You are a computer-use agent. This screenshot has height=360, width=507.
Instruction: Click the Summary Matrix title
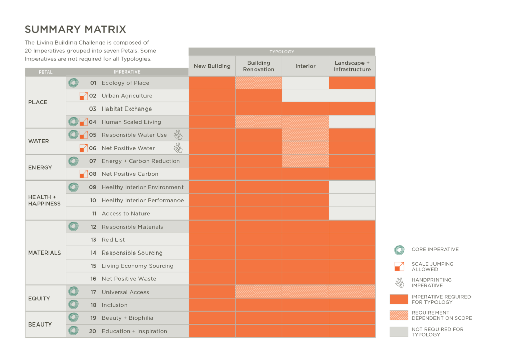pos(76,29)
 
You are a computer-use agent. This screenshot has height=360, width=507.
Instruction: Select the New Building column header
pos(212,66)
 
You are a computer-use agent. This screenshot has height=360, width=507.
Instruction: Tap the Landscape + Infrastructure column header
pos(352,66)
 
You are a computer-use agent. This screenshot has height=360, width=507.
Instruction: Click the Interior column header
pos(305,66)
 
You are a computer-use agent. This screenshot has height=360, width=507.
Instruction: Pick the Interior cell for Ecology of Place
pos(305,83)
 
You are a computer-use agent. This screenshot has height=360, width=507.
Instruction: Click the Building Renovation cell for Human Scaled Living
pos(259,122)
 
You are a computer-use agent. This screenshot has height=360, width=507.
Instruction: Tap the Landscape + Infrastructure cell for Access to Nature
pos(352,213)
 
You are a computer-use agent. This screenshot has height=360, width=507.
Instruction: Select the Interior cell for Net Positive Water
pos(305,148)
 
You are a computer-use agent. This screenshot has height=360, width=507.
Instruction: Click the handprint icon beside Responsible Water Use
pos(177,135)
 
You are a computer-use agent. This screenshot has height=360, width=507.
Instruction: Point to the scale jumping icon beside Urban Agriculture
pos(84,96)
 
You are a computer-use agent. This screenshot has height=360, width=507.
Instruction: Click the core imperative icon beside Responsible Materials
pos(74,227)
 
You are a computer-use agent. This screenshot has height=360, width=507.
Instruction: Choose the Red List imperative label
pos(113,240)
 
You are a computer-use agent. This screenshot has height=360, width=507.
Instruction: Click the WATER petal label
pos(39,141)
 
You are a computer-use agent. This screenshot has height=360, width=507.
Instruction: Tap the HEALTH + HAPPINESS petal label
pos(45,200)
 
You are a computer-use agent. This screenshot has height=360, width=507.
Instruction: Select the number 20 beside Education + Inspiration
pos(93,331)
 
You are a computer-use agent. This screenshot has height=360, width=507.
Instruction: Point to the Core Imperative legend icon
pos(399,249)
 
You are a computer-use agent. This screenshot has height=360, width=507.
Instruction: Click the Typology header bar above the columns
pos(282,52)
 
